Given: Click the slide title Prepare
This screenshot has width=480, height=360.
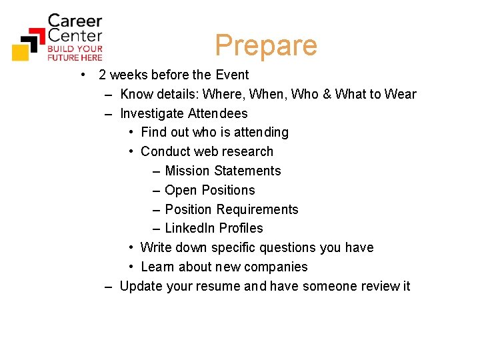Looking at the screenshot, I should point(266,45).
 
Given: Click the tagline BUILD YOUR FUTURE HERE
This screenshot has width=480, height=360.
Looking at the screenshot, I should point(75,53).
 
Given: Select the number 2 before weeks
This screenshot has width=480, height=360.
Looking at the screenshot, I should point(103,75).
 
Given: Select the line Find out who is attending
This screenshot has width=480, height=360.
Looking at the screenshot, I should point(215,133).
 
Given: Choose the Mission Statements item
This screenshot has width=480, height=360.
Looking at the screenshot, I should point(223,171).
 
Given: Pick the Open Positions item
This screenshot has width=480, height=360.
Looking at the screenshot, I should point(209,191).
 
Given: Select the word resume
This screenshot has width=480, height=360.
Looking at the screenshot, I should point(203,287).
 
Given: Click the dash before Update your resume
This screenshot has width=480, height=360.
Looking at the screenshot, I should point(109,287).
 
